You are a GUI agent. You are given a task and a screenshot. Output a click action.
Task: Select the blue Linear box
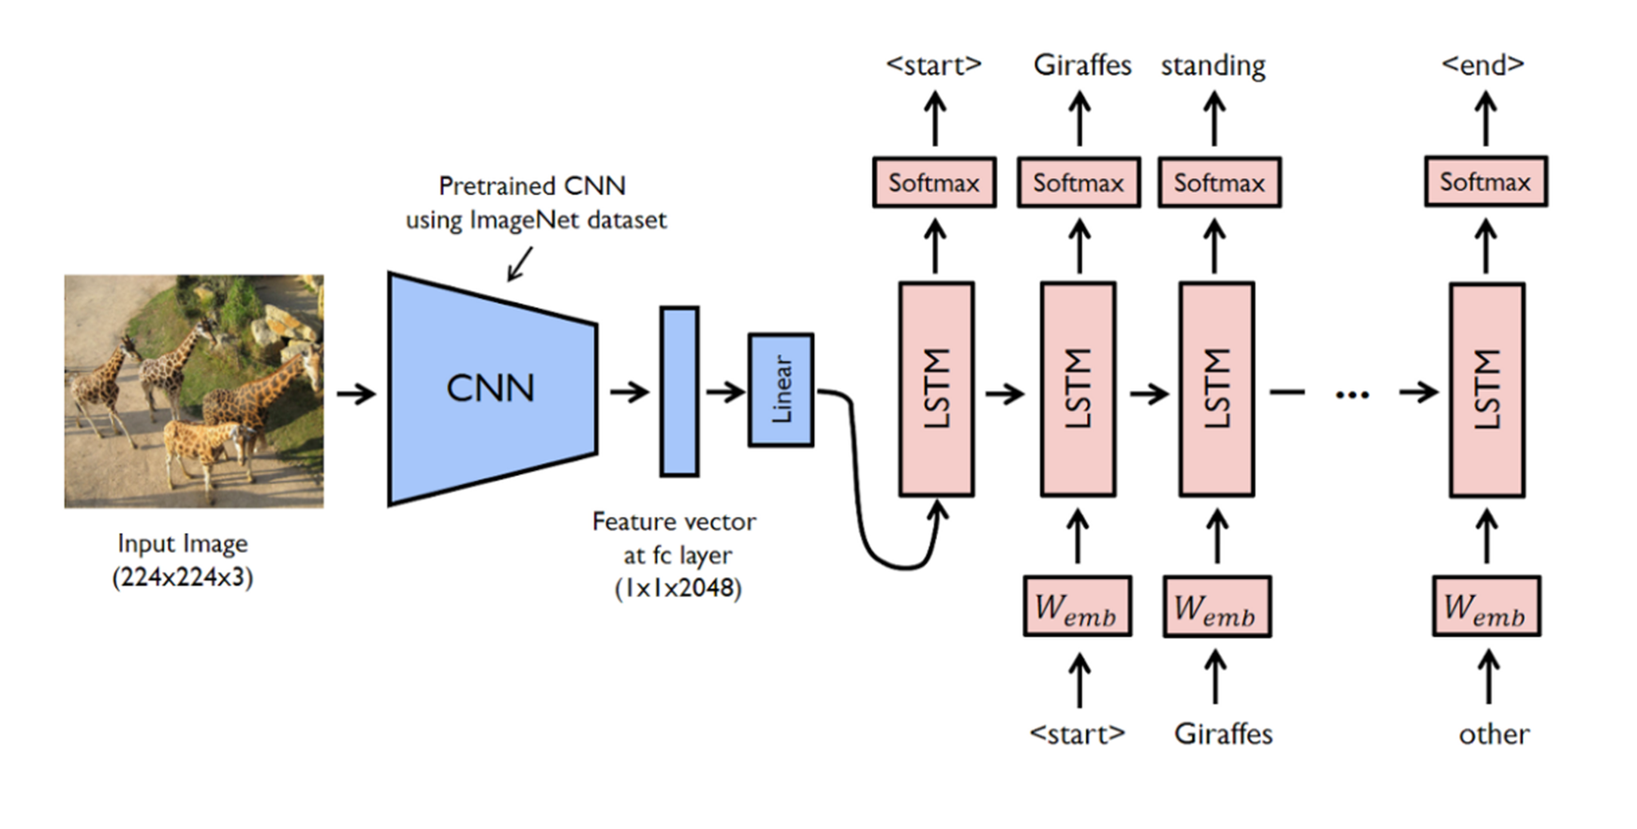(781, 390)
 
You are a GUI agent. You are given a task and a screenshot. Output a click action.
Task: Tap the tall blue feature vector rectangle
(679, 392)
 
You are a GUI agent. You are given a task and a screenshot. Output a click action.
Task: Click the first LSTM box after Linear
(936, 389)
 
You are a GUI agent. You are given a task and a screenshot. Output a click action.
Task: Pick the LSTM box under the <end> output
(1486, 390)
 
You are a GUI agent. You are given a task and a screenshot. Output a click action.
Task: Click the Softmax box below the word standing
(1219, 183)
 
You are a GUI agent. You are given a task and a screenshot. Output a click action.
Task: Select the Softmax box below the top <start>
(933, 183)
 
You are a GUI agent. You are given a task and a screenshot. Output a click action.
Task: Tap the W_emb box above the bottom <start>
(1077, 607)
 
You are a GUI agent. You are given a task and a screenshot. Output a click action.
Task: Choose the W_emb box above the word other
(1485, 607)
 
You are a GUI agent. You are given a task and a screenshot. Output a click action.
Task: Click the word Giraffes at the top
(1082, 65)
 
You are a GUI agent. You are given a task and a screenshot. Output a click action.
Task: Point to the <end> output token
(1482, 65)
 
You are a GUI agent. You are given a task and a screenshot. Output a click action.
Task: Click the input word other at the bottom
(1494, 733)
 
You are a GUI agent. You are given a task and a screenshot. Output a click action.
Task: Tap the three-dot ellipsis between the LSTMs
(1351, 394)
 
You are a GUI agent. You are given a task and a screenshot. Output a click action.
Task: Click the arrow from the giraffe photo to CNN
(356, 393)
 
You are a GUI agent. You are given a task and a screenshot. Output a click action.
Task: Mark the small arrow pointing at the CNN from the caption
(520, 264)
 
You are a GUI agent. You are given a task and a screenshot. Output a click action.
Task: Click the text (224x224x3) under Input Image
(183, 577)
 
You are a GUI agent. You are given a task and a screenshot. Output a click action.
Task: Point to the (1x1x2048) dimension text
(677, 588)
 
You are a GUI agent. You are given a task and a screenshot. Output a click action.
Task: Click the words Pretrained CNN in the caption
(531, 185)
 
